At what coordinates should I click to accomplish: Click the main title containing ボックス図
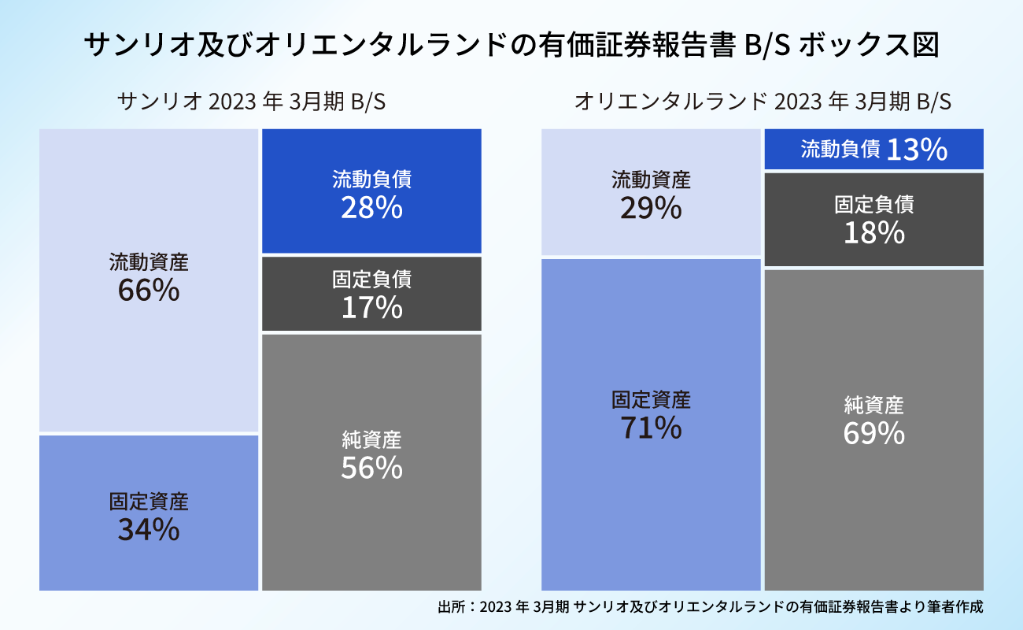tap(511, 45)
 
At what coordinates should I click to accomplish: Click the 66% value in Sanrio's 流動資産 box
tap(149, 291)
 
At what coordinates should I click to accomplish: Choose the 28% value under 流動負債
tap(371, 208)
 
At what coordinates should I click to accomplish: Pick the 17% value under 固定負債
tap(371, 308)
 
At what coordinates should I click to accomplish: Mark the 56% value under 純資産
tap(371, 468)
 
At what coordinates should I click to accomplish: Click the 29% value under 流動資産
tap(651, 209)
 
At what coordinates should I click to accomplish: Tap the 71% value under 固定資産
tap(651, 428)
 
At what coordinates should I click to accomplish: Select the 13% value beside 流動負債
tap(917, 150)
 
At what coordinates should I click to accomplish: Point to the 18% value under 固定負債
tap(873, 233)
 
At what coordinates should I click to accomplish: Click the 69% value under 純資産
tap(873, 434)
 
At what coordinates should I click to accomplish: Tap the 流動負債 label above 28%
tap(371, 180)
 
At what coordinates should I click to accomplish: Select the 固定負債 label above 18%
tap(873, 205)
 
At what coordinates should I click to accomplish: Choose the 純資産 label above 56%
tap(371, 439)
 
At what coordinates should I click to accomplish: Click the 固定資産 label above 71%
tap(651, 399)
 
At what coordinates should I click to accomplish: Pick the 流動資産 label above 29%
tap(651, 180)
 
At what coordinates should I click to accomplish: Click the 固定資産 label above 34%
tap(149, 501)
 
